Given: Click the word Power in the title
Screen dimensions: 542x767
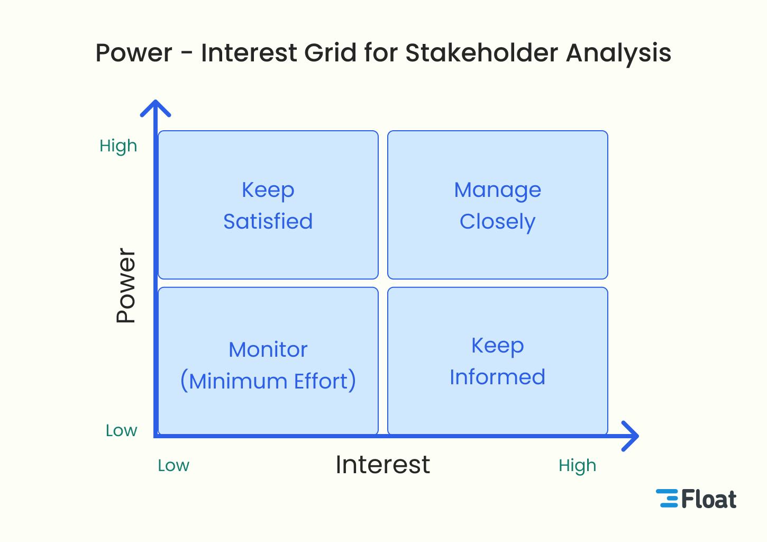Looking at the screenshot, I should click(x=134, y=53).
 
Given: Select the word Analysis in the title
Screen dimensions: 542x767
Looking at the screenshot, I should click(x=618, y=53).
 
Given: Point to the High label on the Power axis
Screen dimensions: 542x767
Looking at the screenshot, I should click(x=118, y=146).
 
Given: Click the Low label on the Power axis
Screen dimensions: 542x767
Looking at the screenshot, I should click(x=121, y=430).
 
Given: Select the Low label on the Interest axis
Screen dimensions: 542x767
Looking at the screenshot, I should click(x=174, y=465).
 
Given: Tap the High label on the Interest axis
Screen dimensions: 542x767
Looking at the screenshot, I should click(x=577, y=465).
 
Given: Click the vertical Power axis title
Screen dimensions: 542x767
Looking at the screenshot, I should click(x=126, y=285).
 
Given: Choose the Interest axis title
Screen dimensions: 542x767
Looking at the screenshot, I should click(x=382, y=465).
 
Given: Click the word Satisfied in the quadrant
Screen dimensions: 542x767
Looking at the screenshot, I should click(x=268, y=221).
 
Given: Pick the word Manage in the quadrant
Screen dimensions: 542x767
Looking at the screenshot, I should click(x=497, y=190).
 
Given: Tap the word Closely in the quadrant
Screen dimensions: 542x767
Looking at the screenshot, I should click(x=497, y=222).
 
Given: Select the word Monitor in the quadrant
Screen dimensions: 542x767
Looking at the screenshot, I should click(x=268, y=349).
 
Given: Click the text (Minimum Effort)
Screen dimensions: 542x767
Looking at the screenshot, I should click(x=268, y=381).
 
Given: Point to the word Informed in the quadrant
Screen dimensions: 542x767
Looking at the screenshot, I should click(x=497, y=377).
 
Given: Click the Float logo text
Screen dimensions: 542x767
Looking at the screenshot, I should click(x=708, y=499).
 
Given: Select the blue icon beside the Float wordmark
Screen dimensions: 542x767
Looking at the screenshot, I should click(x=668, y=499).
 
